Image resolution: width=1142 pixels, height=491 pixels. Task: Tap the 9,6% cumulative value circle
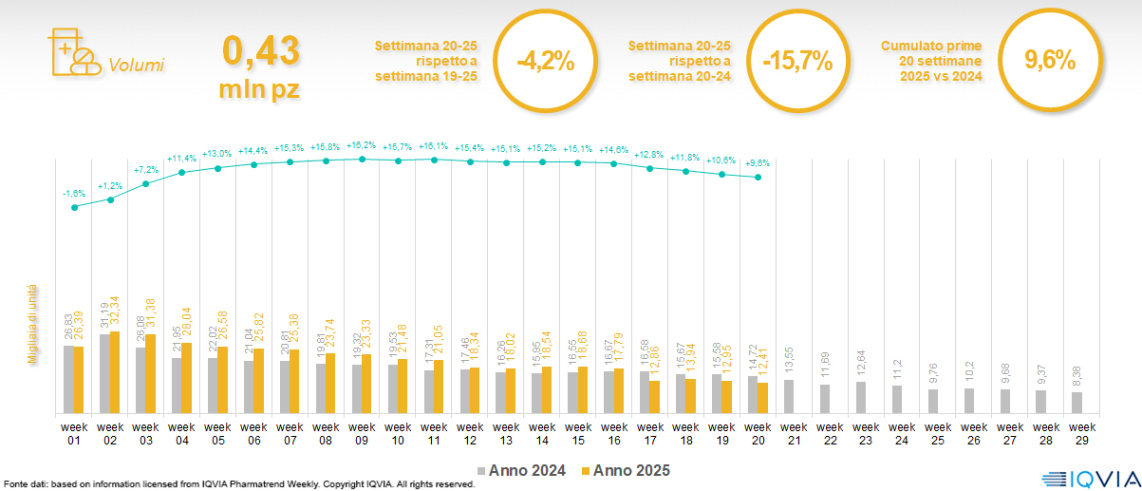click(1050, 60)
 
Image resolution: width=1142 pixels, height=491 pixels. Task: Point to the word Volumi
click(136, 66)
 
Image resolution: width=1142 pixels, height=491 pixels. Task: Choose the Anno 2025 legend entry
click(625, 470)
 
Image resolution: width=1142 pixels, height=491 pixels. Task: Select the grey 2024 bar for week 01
click(68, 379)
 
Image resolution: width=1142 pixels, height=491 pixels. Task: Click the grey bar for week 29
click(1076, 403)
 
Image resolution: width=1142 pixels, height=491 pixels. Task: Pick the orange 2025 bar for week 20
click(763, 397)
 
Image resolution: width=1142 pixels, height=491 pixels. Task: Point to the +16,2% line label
click(362, 146)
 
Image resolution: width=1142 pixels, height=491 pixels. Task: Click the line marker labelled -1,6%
click(74, 207)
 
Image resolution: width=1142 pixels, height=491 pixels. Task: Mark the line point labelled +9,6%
click(758, 178)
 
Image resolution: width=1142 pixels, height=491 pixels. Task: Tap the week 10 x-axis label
click(398, 432)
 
